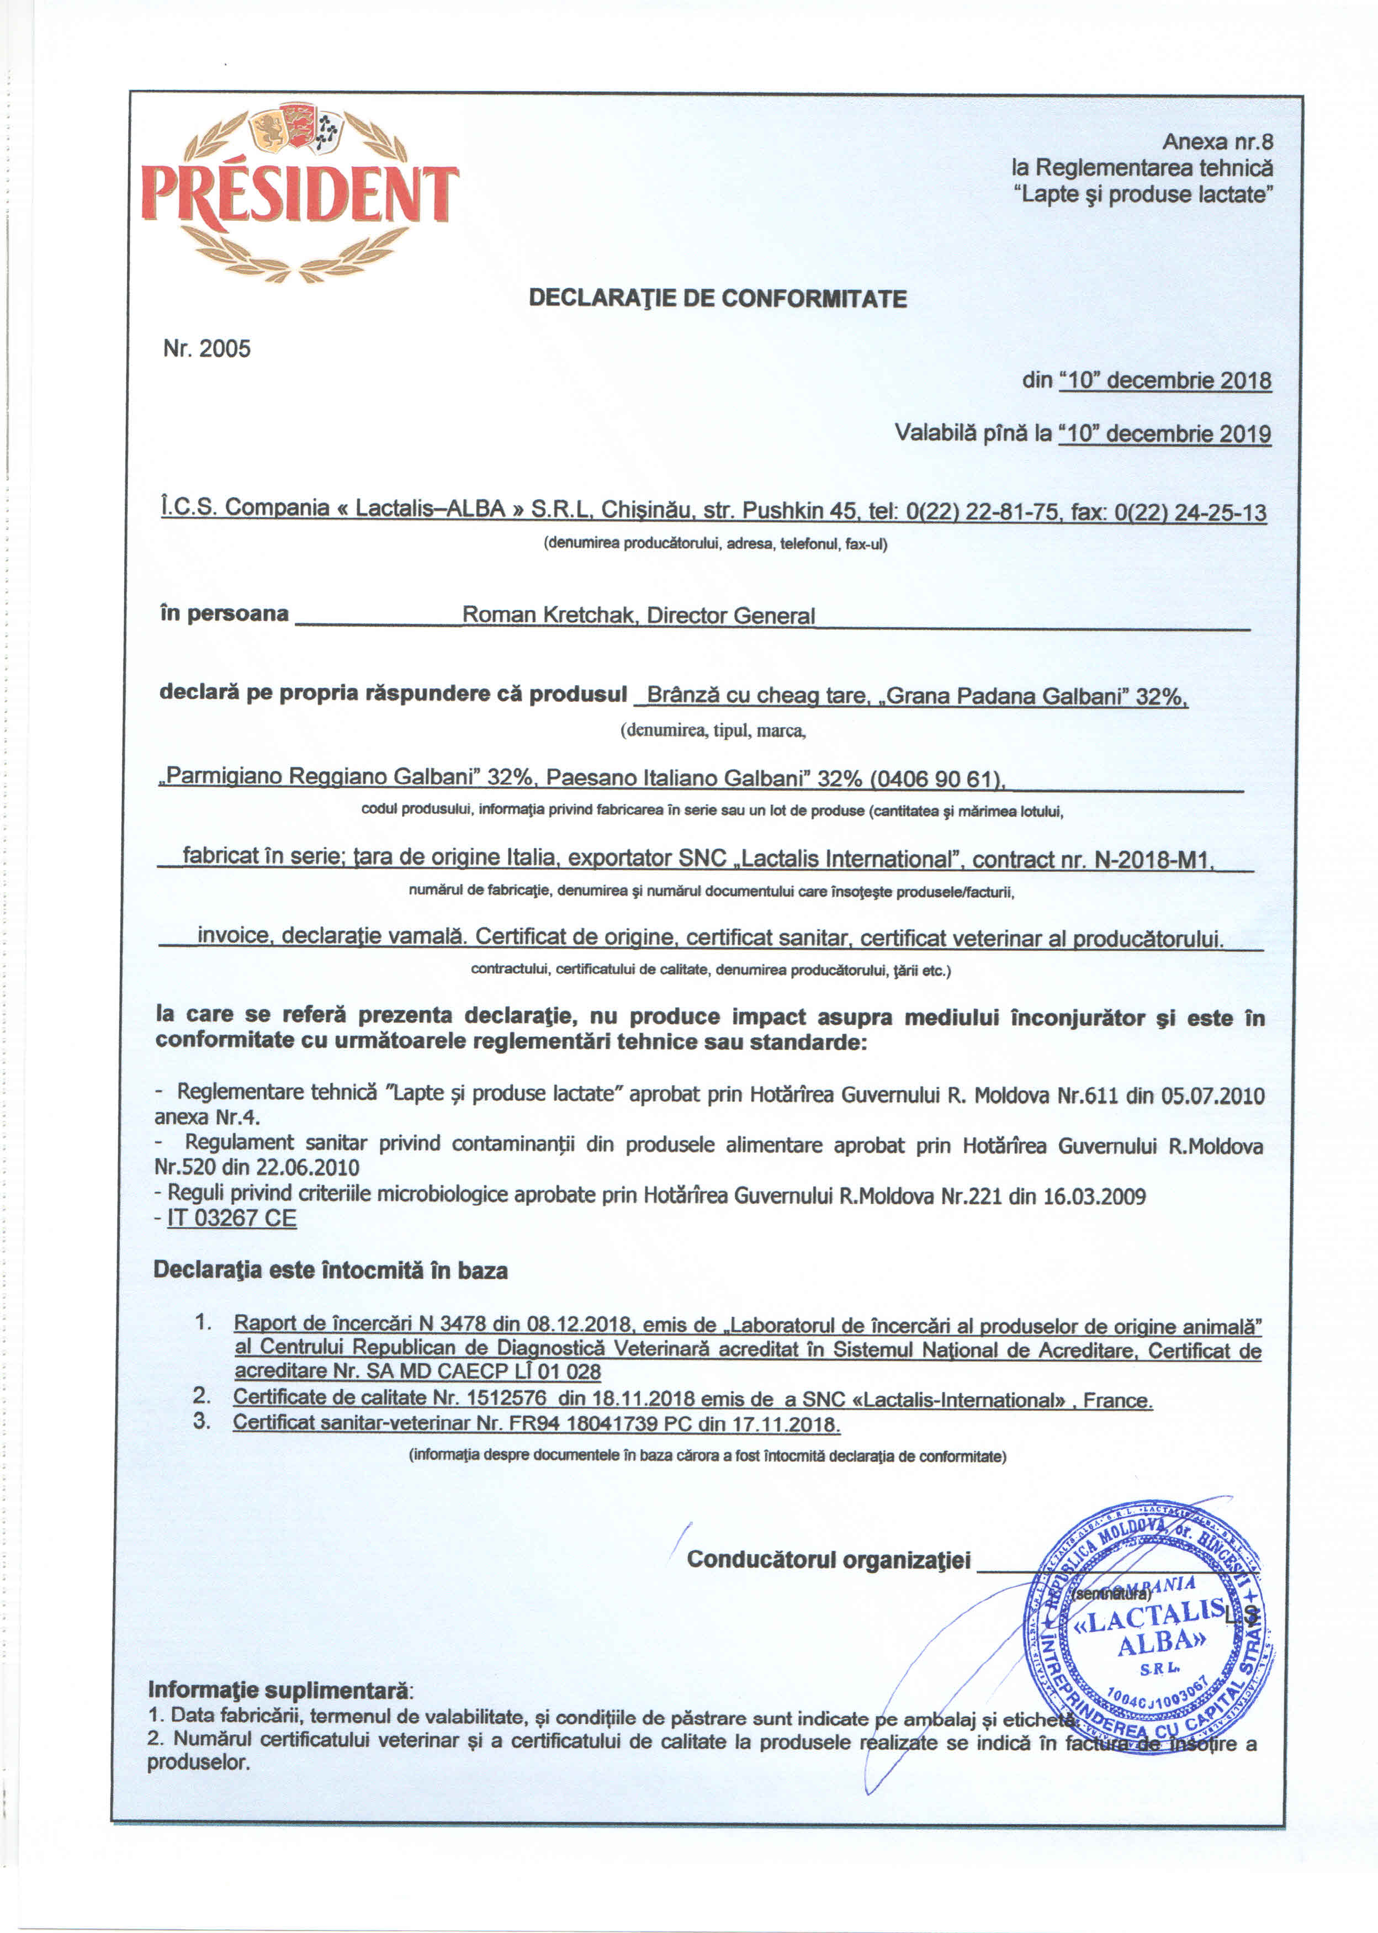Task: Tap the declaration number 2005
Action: [x=224, y=349]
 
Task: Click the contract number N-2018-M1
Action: [x=1154, y=860]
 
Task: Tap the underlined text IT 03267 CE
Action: [x=232, y=1219]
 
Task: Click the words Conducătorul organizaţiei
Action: [x=828, y=1560]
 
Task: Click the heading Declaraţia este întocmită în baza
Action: [x=330, y=1270]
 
